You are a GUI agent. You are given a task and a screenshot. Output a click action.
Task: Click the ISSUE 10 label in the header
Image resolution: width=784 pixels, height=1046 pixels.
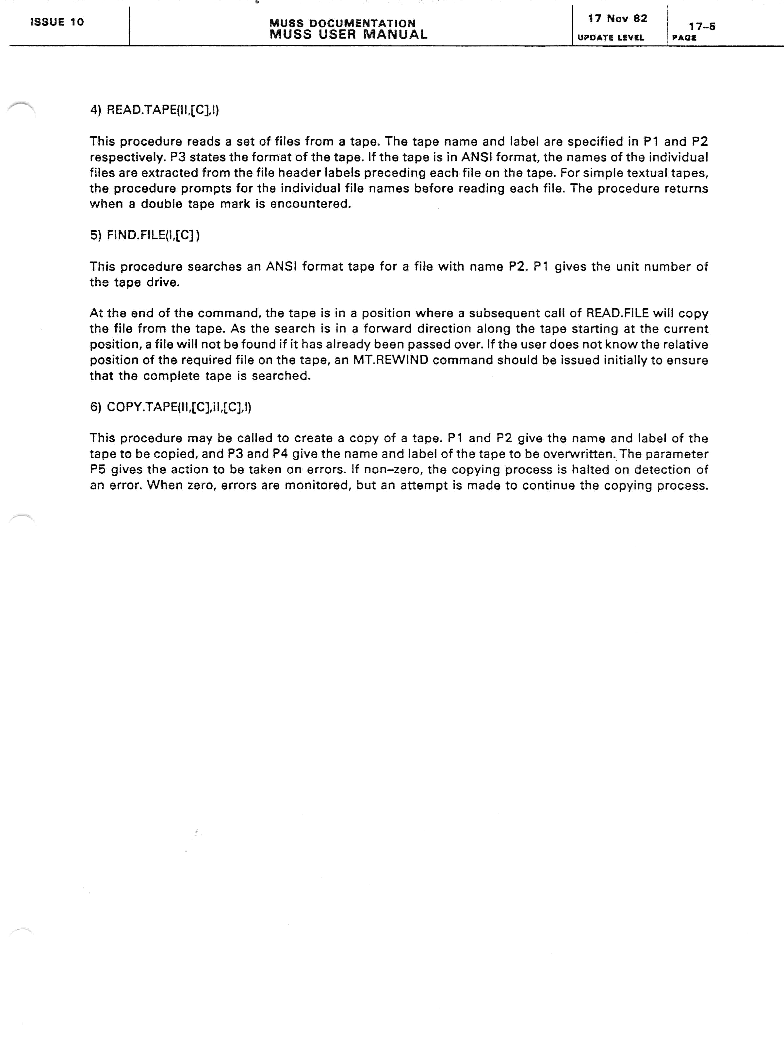[x=57, y=22]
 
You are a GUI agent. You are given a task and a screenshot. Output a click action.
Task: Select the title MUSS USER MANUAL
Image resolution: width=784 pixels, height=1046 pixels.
[x=348, y=35]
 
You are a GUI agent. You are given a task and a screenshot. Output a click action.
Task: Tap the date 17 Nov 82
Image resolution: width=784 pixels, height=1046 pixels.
[x=617, y=18]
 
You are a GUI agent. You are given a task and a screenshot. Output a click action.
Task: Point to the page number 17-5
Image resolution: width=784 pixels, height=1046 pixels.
[x=702, y=26]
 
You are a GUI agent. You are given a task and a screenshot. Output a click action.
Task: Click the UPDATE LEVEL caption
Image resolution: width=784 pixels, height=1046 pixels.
[x=611, y=38]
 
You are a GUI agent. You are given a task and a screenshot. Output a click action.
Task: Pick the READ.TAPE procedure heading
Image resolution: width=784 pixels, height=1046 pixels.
[x=155, y=110]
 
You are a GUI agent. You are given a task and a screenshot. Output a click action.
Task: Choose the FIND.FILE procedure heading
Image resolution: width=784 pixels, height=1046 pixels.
[x=145, y=235]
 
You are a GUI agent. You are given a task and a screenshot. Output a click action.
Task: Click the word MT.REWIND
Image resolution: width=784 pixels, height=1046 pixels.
[x=390, y=360]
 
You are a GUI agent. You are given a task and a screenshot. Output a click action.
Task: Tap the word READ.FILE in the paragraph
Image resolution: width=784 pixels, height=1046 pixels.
[x=617, y=313]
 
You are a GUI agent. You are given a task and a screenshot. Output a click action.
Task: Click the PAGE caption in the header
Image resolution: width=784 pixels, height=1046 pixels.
[x=684, y=38]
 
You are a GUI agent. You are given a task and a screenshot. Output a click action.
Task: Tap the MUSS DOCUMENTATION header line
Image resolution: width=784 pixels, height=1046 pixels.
[x=342, y=23]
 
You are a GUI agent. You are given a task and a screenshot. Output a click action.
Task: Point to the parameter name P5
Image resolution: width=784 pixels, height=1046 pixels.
[x=97, y=470]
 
